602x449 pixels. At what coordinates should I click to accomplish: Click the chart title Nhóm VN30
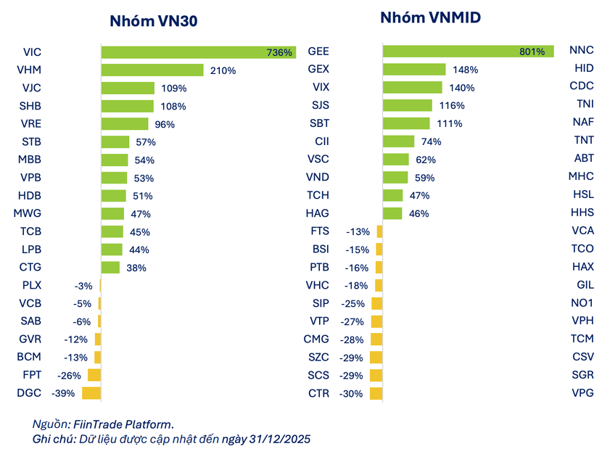pos(154,21)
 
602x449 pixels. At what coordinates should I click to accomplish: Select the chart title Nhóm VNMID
pos(430,17)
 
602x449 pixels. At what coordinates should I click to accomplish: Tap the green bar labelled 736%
pos(197,52)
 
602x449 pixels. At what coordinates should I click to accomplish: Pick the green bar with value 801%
pos(467,52)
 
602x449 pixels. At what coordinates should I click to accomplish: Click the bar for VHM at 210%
pos(152,70)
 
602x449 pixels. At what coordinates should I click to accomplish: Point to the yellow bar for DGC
pos(91,393)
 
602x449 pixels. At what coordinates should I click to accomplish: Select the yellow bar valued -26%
pos(94,375)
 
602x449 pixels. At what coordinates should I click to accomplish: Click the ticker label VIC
pos(32,52)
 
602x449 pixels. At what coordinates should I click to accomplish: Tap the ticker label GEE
pos(318,52)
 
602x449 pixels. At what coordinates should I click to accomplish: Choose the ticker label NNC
pos(582,51)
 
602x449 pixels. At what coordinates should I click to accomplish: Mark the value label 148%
pos(464,70)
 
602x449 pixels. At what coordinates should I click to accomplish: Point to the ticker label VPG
pos(582,393)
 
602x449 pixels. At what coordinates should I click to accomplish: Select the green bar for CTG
pos(110,268)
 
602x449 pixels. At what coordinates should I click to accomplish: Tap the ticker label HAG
pos(318,213)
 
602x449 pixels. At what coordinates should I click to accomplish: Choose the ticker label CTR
pos(318,393)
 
